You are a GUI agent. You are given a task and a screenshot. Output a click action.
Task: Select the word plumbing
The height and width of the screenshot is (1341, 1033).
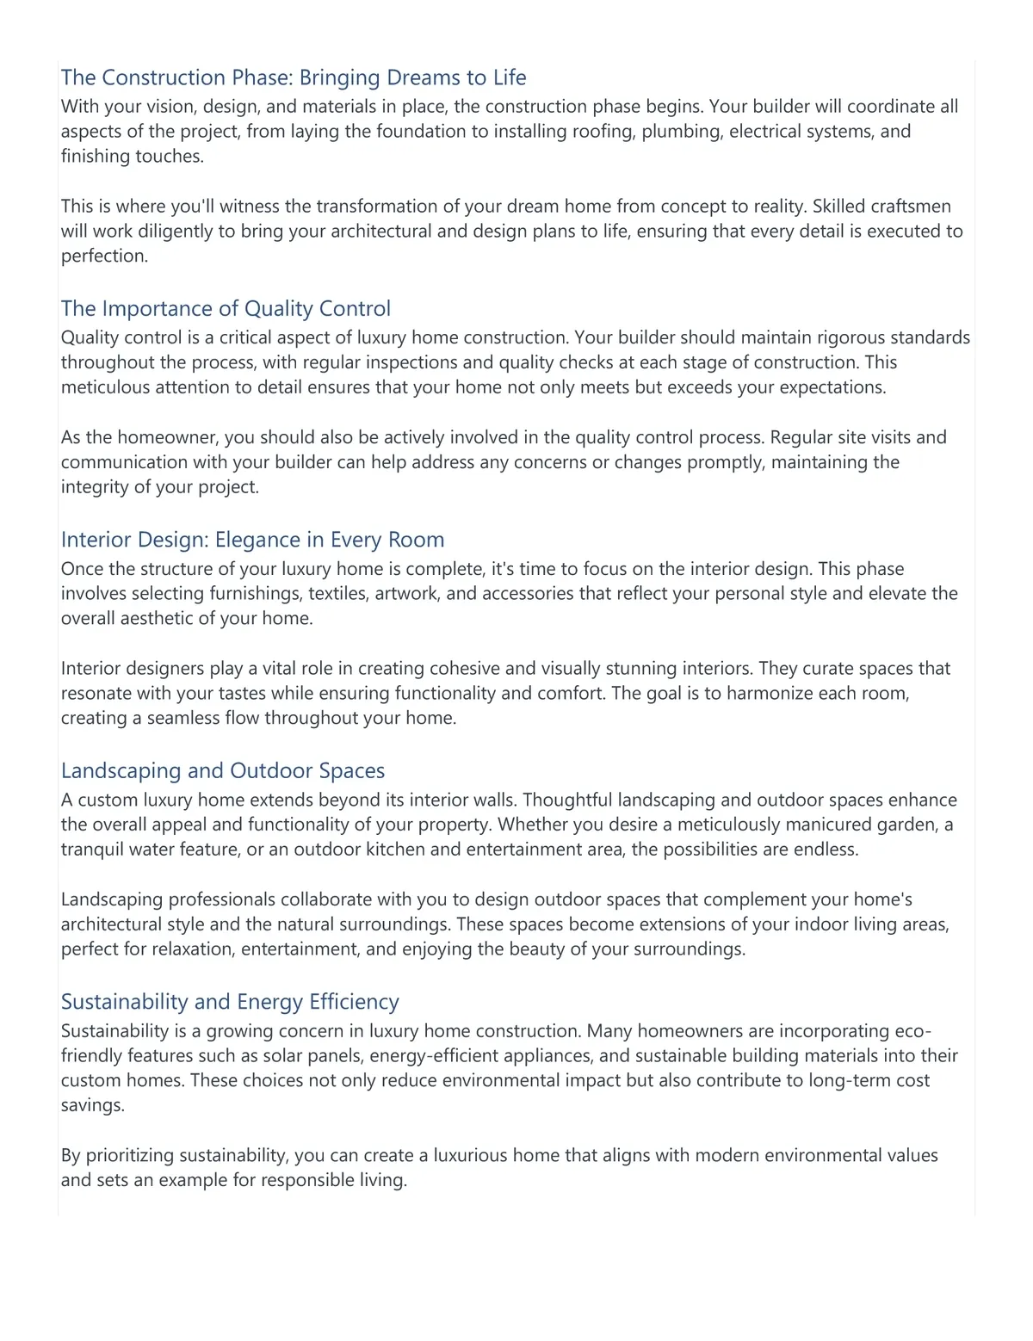(x=678, y=132)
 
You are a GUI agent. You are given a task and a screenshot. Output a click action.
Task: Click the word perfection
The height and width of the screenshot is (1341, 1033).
(x=103, y=256)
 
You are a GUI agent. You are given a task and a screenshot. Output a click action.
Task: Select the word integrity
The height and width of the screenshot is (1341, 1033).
(x=95, y=487)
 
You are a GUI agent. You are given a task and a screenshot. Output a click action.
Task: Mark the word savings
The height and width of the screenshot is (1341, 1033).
(x=92, y=1106)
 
